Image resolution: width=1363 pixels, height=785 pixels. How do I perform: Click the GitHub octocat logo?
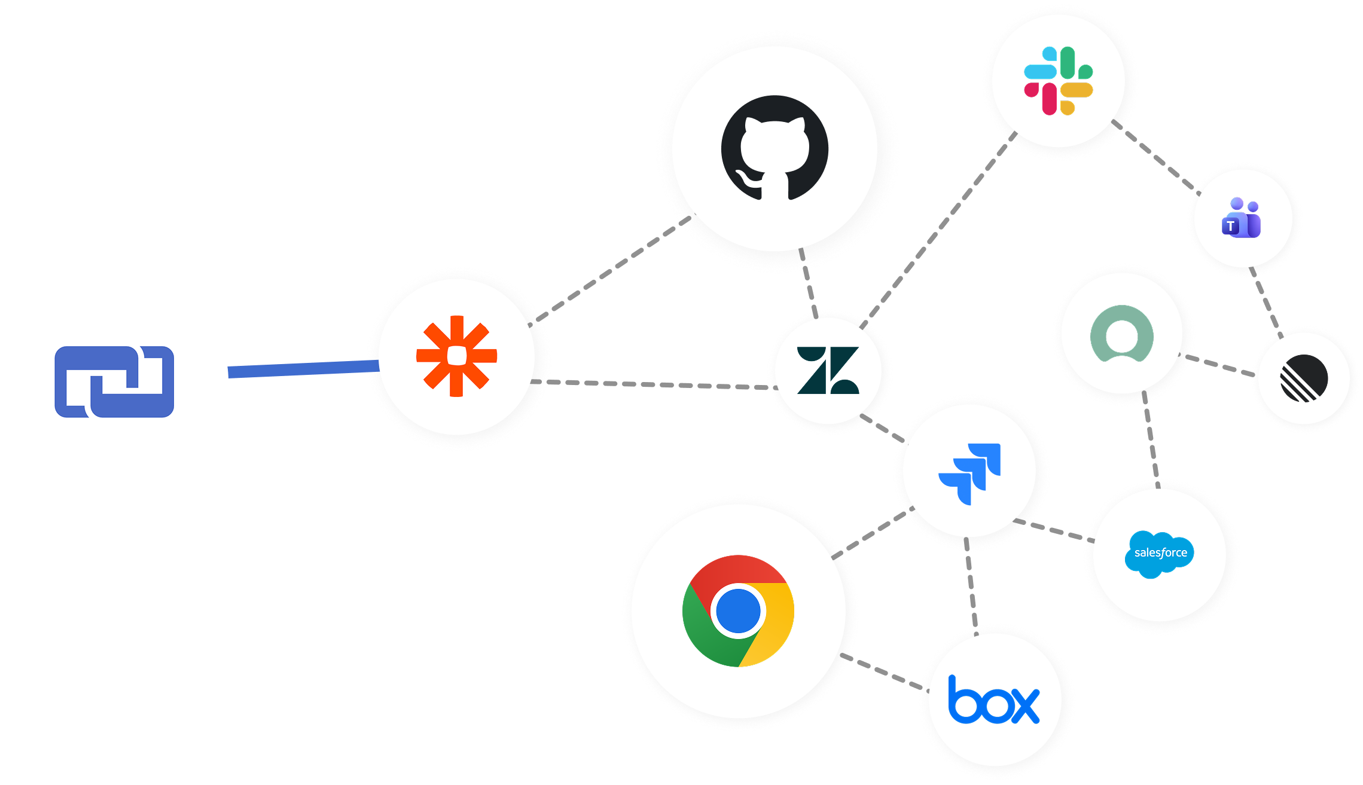pos(774,148)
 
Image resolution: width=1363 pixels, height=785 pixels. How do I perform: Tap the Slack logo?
pos(1058,81)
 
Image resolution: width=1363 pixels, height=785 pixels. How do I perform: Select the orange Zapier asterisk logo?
pos(457,356)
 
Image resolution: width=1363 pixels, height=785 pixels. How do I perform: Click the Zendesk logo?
pos(828,371)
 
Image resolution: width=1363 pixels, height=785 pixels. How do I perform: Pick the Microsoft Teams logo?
pos(1242,218)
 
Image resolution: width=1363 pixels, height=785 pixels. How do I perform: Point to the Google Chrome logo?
pos(738,611)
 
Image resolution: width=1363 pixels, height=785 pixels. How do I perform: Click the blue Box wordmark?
pos(994,700)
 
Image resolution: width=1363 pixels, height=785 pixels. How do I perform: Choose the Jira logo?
pos(970,473)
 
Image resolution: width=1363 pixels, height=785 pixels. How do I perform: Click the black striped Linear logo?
pos(1304,378)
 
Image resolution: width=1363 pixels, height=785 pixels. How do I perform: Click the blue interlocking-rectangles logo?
pos(114,381)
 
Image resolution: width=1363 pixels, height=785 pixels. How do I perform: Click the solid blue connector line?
pos(303,369)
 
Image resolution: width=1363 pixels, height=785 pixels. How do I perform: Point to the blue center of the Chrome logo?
pos(738,611)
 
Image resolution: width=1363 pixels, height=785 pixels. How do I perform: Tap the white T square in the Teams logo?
pos(1231,227)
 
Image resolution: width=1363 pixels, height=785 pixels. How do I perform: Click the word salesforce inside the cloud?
pos(1160,553)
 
